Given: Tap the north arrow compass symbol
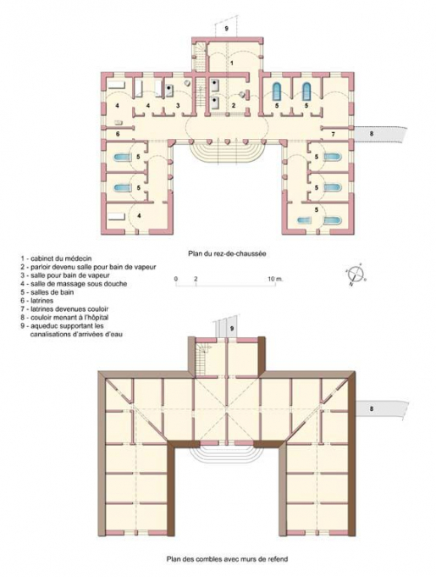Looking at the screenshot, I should point(356,275).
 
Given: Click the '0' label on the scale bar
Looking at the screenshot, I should point(175,278).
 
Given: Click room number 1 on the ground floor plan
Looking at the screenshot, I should point(233,64).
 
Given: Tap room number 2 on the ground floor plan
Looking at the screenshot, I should point(233,104).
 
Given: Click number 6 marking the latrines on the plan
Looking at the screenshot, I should point(118,134).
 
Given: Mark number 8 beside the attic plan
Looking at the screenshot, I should point(370,409).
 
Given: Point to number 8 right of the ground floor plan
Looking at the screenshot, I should point(370,134).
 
